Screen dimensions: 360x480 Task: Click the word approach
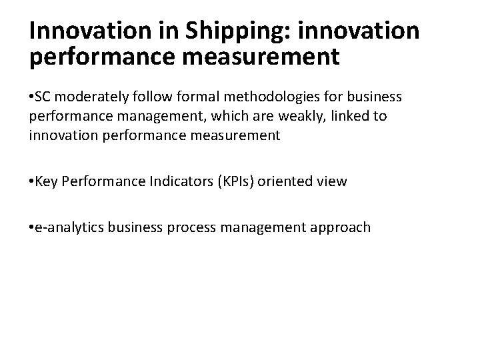339,227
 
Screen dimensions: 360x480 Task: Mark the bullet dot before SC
32,98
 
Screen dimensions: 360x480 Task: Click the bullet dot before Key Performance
32,182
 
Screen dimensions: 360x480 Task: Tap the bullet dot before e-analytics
32,227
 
